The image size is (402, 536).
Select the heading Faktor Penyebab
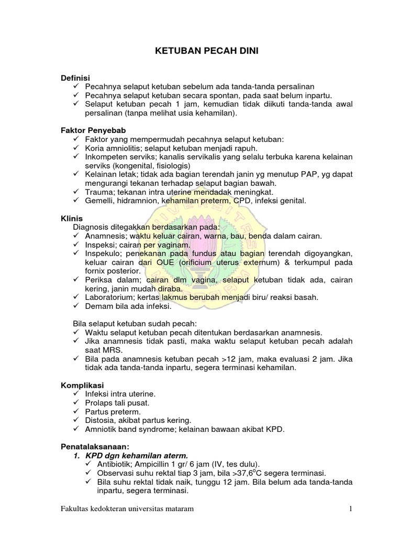pos(92,130)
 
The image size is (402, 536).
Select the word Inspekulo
pos(102,253)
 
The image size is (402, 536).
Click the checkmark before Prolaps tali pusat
pos(76,403)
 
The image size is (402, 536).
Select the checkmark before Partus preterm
pos(76,411)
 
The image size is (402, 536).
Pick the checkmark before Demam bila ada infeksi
pos(76,306)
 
